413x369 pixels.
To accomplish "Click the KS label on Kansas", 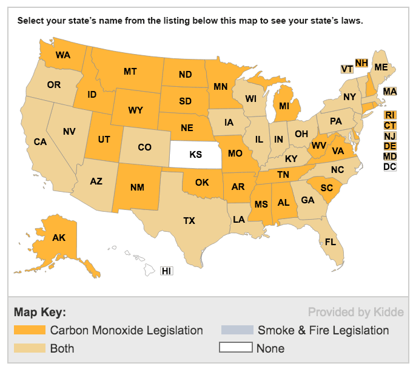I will coord(195,155).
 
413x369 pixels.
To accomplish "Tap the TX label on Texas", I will coord(189,221).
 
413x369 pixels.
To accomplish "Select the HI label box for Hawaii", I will coord(167,271).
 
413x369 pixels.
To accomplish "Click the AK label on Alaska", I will coord(59,238).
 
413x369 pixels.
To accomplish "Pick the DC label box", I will coord(390,166).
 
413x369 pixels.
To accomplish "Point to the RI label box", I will coord(390,115).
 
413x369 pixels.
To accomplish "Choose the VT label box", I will coord(347,69).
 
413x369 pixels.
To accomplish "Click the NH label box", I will coord(361,63).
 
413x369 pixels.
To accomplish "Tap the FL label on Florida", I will coord(330,242).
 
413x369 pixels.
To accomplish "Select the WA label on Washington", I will coord(62,55).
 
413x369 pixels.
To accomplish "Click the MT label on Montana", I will coord(130,72).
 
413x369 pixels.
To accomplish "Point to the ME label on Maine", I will coord(381,67).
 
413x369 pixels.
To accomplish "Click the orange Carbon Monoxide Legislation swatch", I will coord(29,330).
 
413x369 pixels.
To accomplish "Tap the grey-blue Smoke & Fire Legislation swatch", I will coord(236,330).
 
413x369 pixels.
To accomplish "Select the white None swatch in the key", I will coord(236,348).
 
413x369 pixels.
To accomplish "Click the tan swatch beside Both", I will coord(29,348).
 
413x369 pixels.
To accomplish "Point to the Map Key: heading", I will coord(39,313).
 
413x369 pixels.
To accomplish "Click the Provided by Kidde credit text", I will coord(355,313).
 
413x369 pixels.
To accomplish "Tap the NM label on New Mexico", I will coord(137,187).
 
